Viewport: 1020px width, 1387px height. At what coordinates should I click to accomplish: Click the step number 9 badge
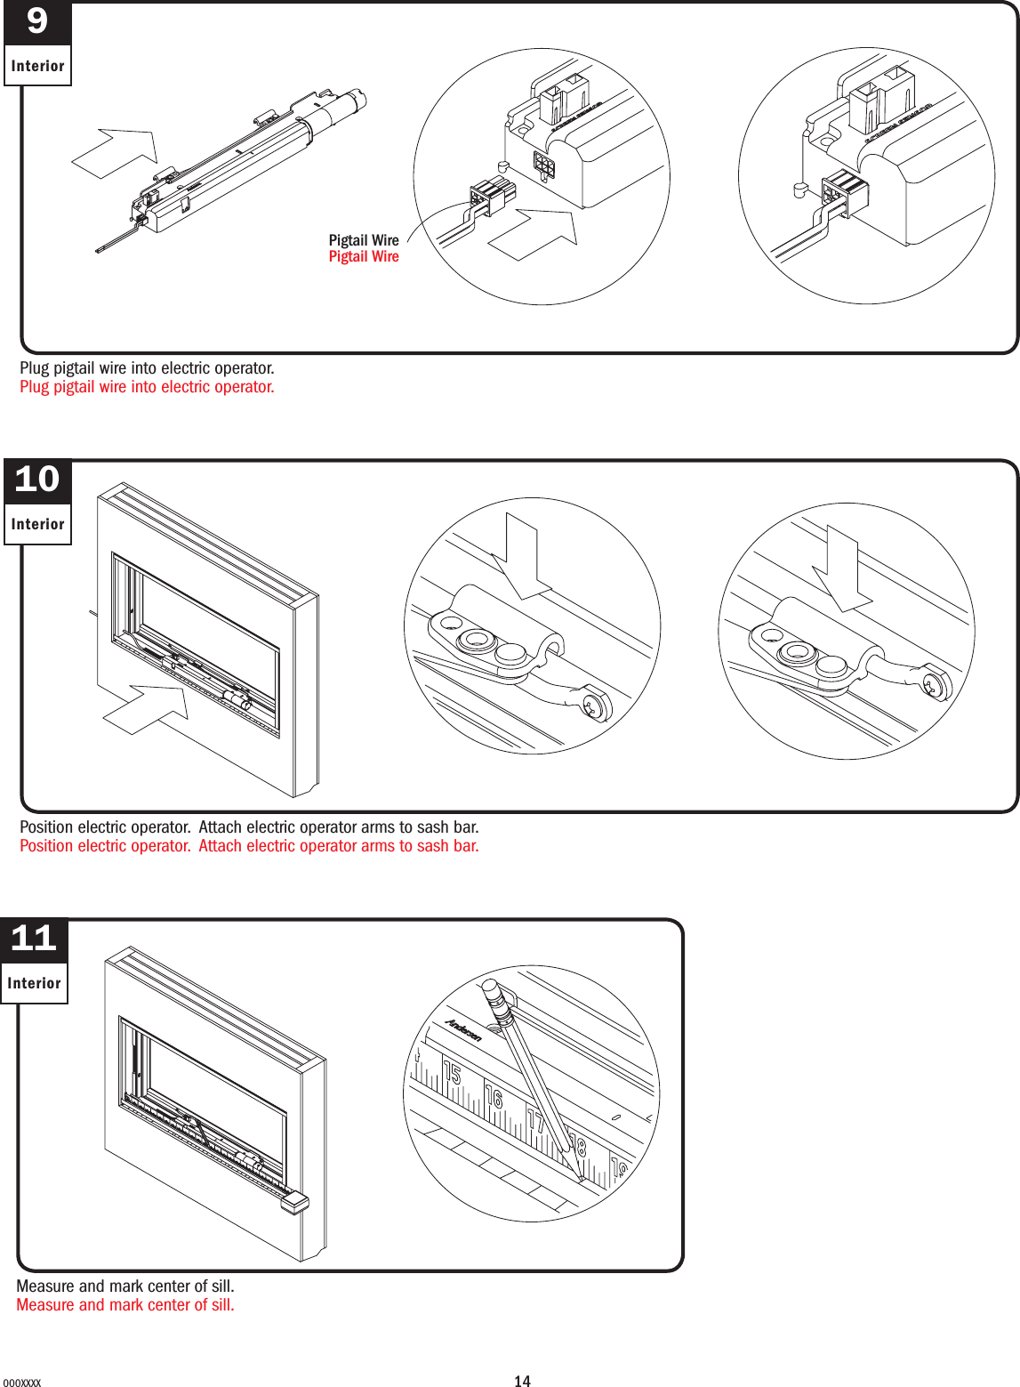click(37, 22)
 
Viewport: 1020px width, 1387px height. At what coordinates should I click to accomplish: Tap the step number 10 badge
click(37, 480)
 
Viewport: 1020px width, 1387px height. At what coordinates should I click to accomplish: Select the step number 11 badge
click(34, 939)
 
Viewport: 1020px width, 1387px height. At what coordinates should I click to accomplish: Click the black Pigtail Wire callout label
click(364, 240)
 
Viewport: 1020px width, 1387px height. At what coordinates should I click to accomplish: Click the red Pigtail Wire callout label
click(364, 257)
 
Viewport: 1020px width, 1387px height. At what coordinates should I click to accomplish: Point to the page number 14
click(522, 1381)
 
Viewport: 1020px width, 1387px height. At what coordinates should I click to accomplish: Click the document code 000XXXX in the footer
click(21, 1383)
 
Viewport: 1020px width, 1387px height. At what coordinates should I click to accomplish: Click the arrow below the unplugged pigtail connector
click(534, 234)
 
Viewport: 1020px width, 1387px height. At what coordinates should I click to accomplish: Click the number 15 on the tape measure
click(452, 1074)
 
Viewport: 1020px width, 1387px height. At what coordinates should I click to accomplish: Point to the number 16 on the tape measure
click(494, 1097)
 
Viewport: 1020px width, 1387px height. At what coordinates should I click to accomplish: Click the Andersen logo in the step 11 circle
click(463, 1029)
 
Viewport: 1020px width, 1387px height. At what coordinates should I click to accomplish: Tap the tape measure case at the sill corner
click(293, 1203)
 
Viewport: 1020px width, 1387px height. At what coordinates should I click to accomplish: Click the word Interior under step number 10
click(37, 525)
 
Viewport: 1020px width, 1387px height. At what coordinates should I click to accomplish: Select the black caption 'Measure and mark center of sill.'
click(125, 1286)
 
